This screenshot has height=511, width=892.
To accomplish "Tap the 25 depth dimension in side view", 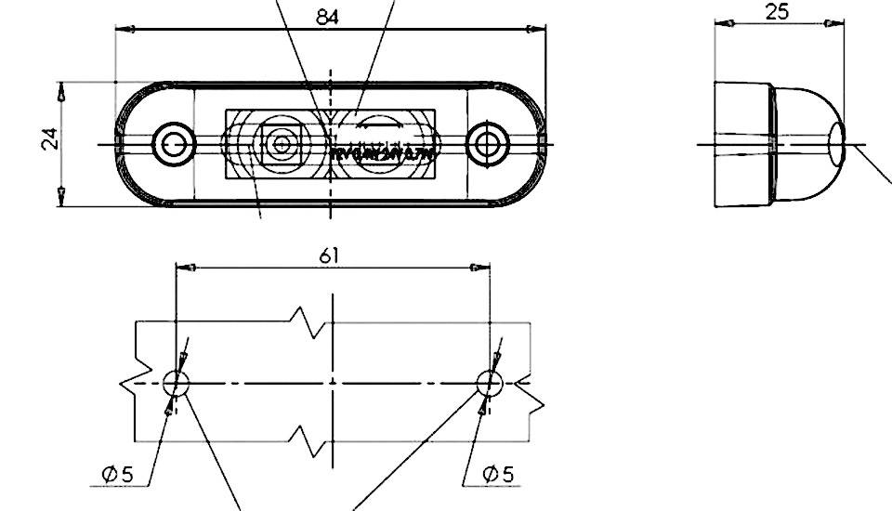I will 778,12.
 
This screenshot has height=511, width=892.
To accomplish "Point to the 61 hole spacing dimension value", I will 329,255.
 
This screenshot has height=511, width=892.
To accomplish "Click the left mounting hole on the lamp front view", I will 173,143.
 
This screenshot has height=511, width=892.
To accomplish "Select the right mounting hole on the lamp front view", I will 485,143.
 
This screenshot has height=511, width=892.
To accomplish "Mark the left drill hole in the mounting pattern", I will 176,382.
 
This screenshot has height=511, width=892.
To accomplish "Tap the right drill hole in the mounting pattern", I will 490,382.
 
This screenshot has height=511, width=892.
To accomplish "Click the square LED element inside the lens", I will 279,144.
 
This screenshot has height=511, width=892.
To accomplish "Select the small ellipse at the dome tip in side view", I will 837,144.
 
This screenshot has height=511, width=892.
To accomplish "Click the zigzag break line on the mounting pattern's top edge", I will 310,320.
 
